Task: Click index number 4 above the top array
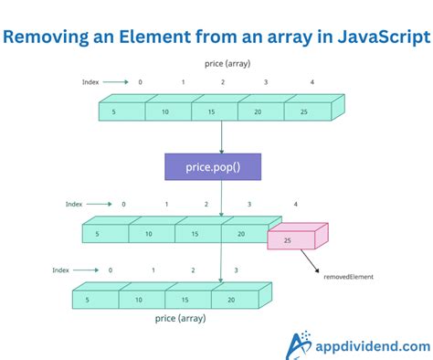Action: pos(312,81)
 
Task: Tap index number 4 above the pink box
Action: pos(296,203)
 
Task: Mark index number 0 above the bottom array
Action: pos(111,270)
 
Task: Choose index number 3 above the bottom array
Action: pos(238,270)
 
